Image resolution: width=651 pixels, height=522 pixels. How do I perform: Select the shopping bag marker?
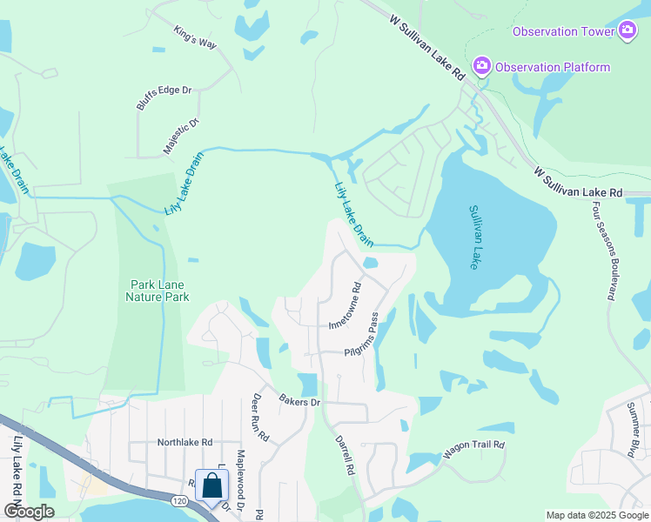tap(211, 486)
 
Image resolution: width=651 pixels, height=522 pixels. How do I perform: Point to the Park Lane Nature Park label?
tap(159, 291)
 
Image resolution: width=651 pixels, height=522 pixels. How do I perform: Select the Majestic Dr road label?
tap(181, 136)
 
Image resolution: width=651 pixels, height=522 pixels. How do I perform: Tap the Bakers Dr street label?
tap(300, 401)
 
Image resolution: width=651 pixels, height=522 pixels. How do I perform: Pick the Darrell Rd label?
tap(345, 454)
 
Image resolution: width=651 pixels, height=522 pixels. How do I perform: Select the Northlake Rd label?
tap(185, 442)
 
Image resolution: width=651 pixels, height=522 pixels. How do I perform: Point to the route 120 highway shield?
tap(179, 502)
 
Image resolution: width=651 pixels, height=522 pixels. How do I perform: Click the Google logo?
tap(28, 512)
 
